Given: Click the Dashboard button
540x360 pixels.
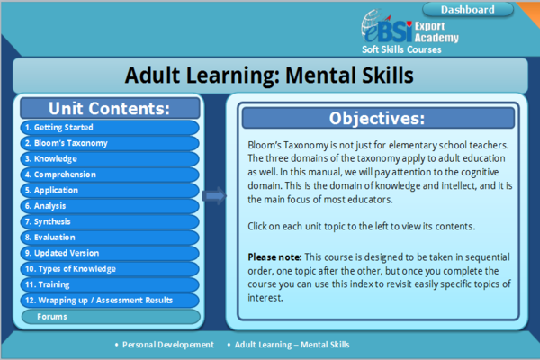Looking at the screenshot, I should point(468,10).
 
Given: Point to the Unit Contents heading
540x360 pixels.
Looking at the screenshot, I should point(109,109).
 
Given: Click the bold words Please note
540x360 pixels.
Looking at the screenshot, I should point(273,256).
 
